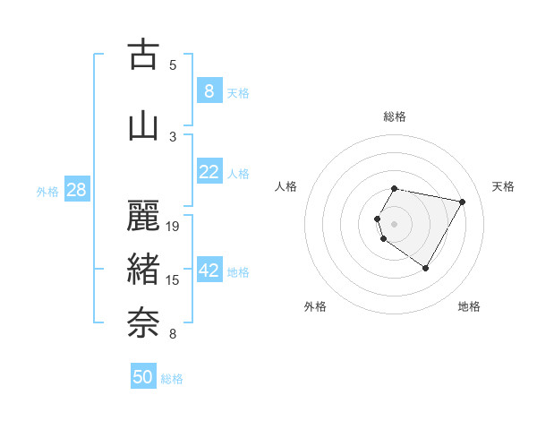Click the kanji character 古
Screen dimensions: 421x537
[143, 55]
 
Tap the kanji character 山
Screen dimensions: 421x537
[143, 126]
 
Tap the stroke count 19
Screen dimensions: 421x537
[174, 227]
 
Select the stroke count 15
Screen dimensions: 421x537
[174, 280]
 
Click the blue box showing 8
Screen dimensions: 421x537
[209, 91]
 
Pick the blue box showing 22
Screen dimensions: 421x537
[209, 173]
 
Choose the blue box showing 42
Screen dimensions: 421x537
[209, 271]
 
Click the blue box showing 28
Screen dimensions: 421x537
[76, 190]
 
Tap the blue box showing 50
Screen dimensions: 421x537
[143, 378]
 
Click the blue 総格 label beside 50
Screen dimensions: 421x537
[172, 379]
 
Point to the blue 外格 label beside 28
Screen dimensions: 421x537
[47, 191]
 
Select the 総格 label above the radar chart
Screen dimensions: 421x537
[395, 116]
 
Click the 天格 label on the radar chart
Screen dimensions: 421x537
[504, 186]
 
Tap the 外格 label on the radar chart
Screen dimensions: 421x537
[315, 306]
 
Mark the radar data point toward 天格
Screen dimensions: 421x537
[462, 202]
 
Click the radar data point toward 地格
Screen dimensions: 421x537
[426, 268]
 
